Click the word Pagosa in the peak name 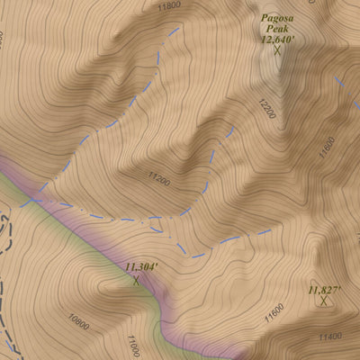tap(278, 17)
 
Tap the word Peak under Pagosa tap(278, 29)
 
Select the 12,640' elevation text tap(278, 40)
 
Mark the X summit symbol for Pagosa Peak tap(277, 51)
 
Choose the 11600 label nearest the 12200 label tap(328, 146)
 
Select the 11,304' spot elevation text tap(140, 266)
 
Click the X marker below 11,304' tap(137, 280)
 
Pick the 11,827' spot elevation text tap(324, 290)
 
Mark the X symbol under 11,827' tap(323, 301)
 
